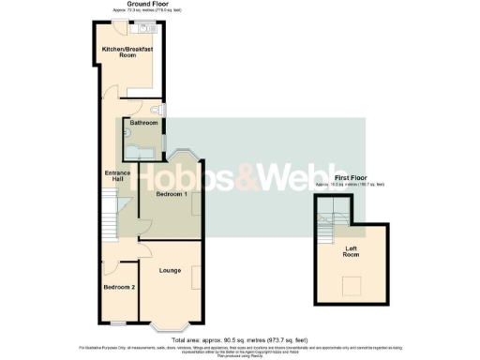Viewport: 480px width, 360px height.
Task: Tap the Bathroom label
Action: pos(143,123)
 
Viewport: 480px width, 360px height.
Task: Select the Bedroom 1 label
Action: pos(172,194)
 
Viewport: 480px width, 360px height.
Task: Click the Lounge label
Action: pos(170,271)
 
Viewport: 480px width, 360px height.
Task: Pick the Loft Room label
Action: pos(351,250)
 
